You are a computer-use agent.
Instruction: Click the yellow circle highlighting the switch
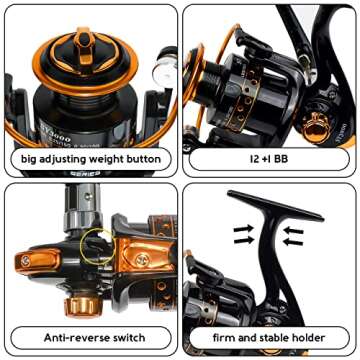click(98, 241)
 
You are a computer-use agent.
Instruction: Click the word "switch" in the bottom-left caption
click(126, 337)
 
